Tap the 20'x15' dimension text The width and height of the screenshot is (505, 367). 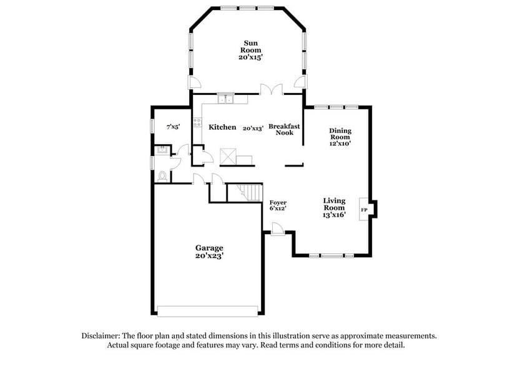(x=251, y=57)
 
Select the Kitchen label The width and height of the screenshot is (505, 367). (x=222, y=127)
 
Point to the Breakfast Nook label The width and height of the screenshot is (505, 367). (x=284, y=129)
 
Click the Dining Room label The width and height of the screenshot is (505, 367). (x=340, y=134)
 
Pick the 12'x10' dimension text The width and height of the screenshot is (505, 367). (x=340, y=144)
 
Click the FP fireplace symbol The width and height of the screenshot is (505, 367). (x=364, y=210)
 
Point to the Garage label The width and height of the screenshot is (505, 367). (x=209, y=248)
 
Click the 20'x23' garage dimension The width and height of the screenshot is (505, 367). (x=209, y=256)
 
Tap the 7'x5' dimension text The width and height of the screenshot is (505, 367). (x=173, y=127)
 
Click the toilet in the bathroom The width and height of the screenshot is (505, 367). (x=163, y=177)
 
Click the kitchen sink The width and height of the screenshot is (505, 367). (x=225, y=99)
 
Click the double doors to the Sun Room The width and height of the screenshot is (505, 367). (x=272, y=89)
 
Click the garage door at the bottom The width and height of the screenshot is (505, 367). (x=207, y=311)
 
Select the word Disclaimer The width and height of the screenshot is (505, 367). (x=103, y=335)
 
